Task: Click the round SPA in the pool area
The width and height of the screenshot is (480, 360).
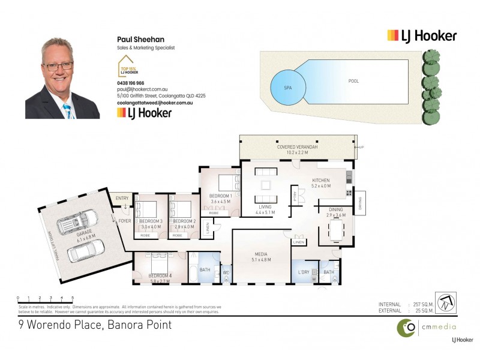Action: pyautogui.click(x=287, y=87)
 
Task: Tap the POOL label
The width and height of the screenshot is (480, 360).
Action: pyautogui.click(x=354, y=80)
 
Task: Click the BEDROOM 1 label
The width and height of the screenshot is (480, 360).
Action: pyautogui.click(x=221, y=196)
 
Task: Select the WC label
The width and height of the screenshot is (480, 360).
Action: pyautogui.click(x=226, y=272)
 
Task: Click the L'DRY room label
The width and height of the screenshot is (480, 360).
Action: pyautogui.click(x=304, y=272)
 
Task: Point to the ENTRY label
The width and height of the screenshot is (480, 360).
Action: pyautogui.click(x=122, y=198)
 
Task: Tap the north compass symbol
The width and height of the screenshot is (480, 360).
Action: pyautogui.click(x=445, y=302)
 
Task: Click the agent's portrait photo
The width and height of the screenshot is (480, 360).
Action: pyautogui.click(x=62, y=78)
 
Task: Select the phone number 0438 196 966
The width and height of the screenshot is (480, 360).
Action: pyautogui.click(x=130, y=83)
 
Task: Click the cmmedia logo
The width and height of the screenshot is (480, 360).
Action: pyautogui.click(x=425, y=327)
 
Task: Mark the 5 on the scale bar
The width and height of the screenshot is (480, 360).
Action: pyautogui.click(x=73, y=297)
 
